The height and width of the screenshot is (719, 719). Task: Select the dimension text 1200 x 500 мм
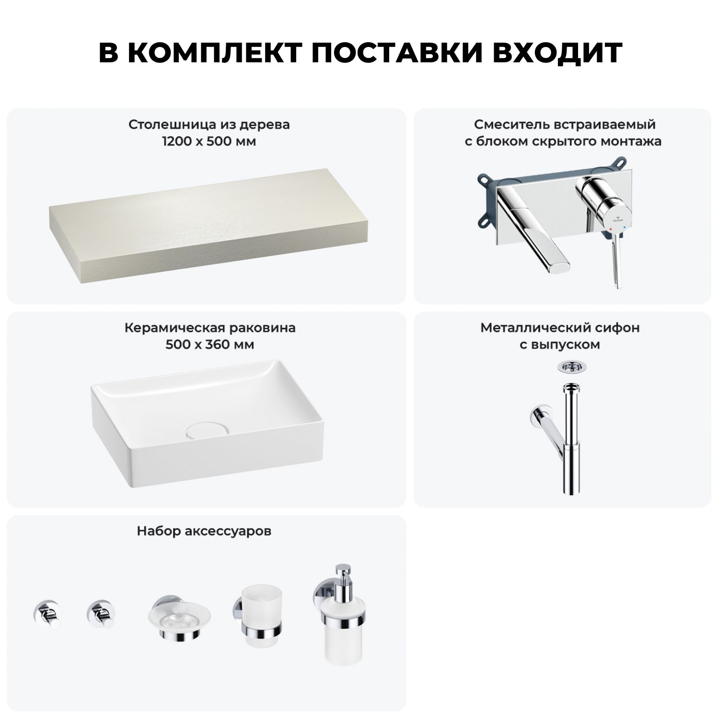209,142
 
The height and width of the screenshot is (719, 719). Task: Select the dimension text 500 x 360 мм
209,345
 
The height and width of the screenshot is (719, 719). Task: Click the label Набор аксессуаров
204,532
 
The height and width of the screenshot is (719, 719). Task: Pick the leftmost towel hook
47,614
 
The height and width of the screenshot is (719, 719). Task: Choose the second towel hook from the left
101,614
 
